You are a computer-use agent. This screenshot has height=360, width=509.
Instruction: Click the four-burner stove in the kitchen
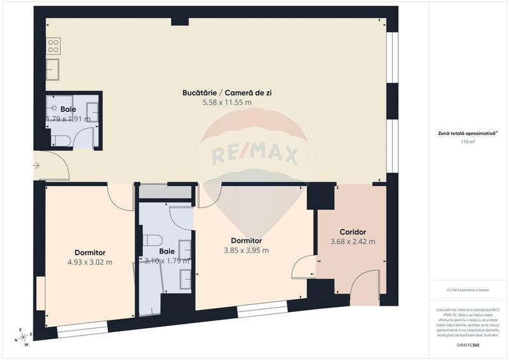pyautogui.click(x=53, y=46)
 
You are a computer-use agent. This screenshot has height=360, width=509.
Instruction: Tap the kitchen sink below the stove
pyautogui.click(x=53, y=68)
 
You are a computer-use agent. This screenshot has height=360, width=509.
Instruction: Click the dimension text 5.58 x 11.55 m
pyautogui.click(x=227, y=102)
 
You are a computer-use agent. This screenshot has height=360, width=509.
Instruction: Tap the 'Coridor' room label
pyautogui.click(x=352, y=232)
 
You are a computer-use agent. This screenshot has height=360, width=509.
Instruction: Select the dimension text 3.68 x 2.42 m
pyautogui.click(x=352, y=242)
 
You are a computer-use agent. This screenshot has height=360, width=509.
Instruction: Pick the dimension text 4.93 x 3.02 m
pyautogui.click(x=90, y=262)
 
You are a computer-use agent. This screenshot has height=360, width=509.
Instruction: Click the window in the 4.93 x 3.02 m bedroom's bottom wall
pyautogui.click(x=83, y=331)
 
